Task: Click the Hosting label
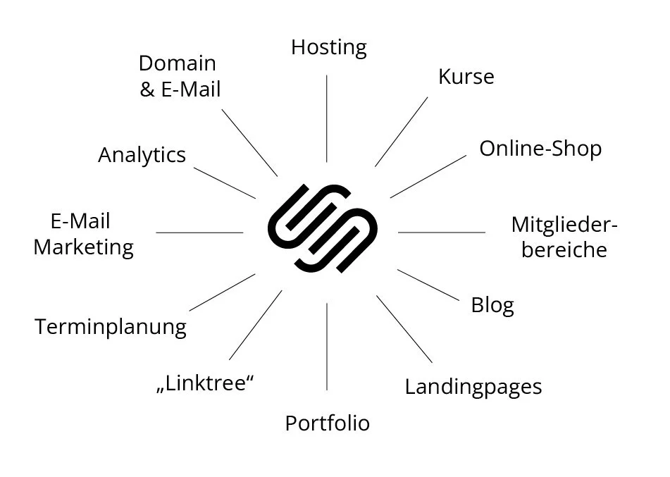(x=329, y=48)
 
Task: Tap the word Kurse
(x=466, y=76)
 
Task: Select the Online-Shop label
(x=540, y=149)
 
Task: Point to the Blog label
(x=492, y=305)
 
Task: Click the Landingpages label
(x=473, y=387)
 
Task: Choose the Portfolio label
(x=327, y=423)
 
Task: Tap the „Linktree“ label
(x=204, y=385)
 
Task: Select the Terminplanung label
(x=111, y=327)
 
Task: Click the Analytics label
(x=142, y=155)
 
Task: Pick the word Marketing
(x=83, y=247)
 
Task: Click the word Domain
(x=177, y=63)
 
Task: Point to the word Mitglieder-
(x=564, y=225)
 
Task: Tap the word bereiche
(x=564, y=250)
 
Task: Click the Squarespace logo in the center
(x=323, y=228)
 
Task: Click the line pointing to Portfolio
(x=327, y=346)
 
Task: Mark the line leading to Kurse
(x=401, y=132)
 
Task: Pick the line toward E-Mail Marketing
(x=199, y=232)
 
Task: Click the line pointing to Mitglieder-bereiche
(x=442, y=232)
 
